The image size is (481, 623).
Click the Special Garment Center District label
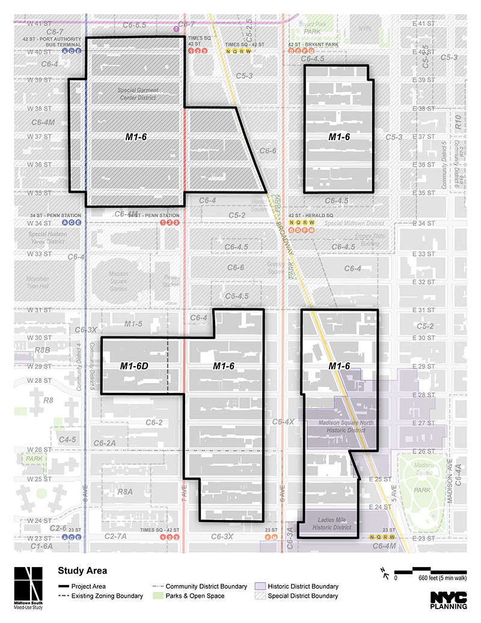click(138, 93)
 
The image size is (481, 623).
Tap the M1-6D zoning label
click(134, 366)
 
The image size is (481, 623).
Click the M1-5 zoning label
click(133, 324)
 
